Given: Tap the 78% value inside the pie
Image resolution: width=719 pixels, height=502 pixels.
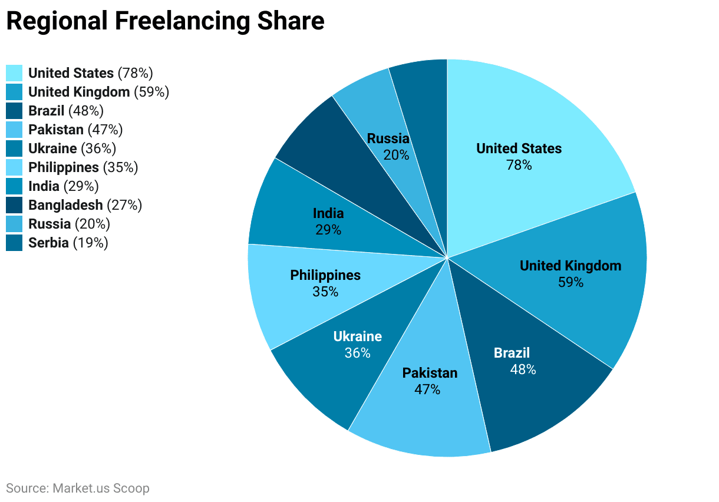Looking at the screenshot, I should pyautogui.click(x=519, y=166).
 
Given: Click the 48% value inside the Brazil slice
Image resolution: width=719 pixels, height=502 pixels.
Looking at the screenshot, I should pyautogui.click(x=523, y=370).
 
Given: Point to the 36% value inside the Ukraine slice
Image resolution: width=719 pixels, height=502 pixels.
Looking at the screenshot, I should pyautogui.click(x=357, y=353).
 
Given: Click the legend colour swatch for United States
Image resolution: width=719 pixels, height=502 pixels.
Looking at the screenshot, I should pyautogui.click(x=14, y=73).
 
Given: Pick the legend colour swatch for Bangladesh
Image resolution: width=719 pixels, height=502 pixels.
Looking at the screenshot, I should pyautogui.click(x=14, y=205).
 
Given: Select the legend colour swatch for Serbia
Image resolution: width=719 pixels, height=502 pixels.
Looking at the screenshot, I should pyautogui.click(x=14, y=243).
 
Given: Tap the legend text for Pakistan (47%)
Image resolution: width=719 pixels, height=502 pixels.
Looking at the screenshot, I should pyautogui.click(x=75, y=130).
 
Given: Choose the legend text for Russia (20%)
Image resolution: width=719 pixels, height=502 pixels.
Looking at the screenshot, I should pyautogui.click(x=69, y=224).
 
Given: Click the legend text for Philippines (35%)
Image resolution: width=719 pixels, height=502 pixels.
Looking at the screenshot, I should pyautogui.click(x=83, y=167).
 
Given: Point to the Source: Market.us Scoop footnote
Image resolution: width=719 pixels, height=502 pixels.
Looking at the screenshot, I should pyautogui.click(x=78, y=488).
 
